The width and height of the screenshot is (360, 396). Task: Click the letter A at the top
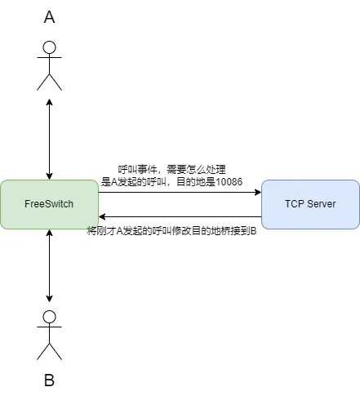50,18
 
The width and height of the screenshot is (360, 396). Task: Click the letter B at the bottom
50,380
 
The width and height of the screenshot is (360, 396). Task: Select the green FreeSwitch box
49,204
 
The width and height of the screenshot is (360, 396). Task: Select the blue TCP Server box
310,204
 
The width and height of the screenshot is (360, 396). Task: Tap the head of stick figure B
50,318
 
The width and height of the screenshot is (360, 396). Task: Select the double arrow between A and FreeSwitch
50,139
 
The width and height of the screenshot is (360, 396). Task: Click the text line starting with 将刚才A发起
171,231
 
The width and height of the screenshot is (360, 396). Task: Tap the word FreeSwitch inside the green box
49,204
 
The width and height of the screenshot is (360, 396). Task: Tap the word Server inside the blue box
322,204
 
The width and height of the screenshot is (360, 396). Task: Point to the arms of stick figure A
50,62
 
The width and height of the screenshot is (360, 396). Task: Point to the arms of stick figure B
50,331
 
